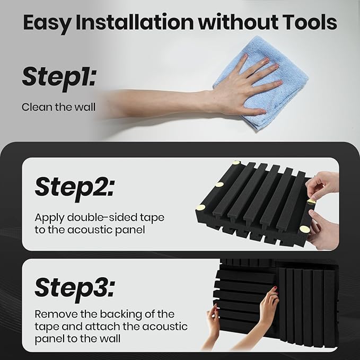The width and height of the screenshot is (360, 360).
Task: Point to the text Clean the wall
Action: point(58,107)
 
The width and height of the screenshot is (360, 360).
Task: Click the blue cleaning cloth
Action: point(260,83)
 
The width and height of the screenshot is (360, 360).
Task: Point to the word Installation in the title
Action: point(135,22)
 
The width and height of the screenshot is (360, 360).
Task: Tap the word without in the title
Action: point(238,22)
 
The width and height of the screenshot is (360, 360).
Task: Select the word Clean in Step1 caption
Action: point(34,107)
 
